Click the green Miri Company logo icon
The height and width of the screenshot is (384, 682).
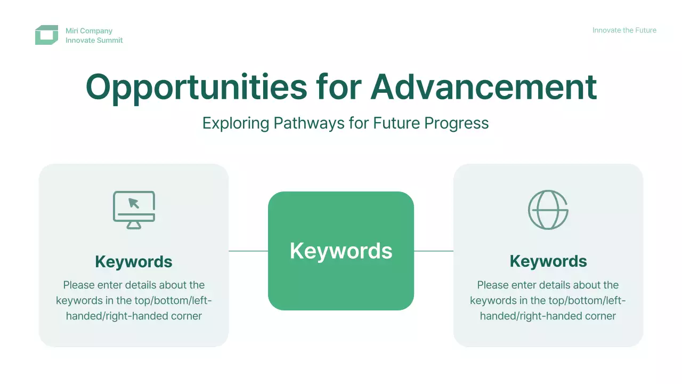click(46, 35)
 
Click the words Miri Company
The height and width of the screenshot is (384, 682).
click(89, 31)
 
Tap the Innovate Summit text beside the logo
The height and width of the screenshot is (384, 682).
click(94, 40)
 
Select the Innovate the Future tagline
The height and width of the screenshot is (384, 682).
click(624, 30)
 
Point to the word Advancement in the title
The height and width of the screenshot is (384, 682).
click(483, 87)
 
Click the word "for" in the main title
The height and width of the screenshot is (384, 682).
click(338, 87)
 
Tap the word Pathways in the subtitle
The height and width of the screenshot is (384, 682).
click(309, 123)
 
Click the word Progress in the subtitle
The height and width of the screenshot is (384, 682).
click(457, 123)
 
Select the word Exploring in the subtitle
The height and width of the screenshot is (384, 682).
click(236, 123)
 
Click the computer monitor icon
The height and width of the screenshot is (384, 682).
click(134, 210)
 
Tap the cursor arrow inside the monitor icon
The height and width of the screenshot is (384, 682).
click(134, 203)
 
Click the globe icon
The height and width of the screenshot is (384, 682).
click(548, 210)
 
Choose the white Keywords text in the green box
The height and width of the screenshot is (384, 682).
click(341, 251)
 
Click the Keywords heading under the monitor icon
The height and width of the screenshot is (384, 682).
click(134, 261)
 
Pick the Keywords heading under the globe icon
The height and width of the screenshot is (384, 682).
click(548, 261)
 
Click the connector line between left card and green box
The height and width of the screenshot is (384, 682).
click(248, 251)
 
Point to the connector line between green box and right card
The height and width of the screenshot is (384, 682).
click(434, 251)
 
